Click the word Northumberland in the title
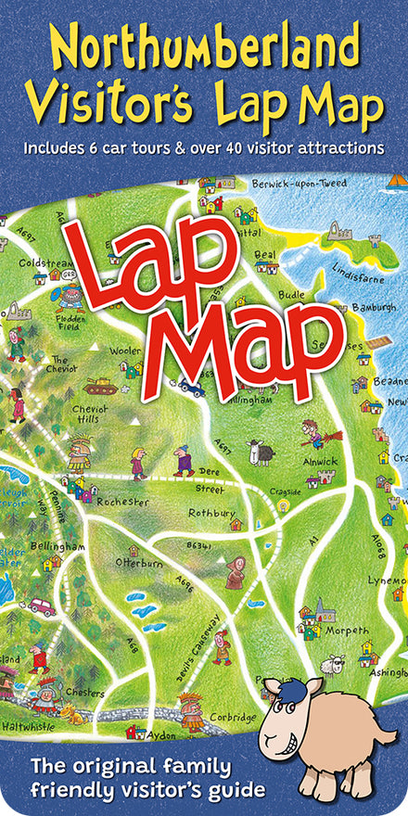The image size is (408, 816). tap(204, 45)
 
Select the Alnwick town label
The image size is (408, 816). tap(322, 461)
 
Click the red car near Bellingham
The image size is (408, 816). tap(43, 606)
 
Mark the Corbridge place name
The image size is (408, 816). tap(233, 717)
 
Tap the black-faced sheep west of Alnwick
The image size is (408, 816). tap(261, 452)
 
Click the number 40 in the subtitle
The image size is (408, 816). tap(231, 147)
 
